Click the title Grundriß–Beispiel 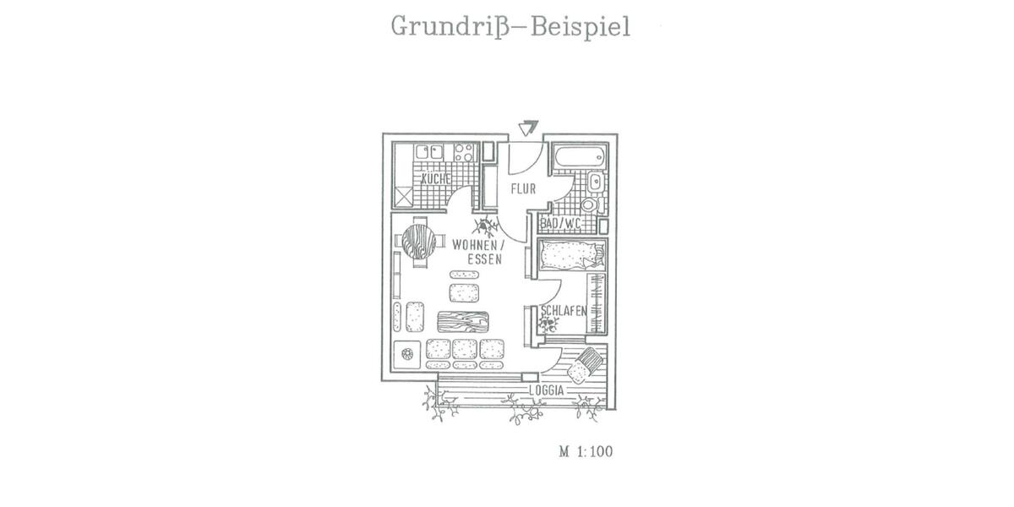point(510,26)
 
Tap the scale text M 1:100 point(585,451)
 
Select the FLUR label point(523,188)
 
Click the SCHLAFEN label point(564,310)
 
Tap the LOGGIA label point(546,390)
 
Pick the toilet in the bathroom point(589,204)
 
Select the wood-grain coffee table point(463,322)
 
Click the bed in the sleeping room point(572,253)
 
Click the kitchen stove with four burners point(464,152)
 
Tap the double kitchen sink point(430,152)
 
